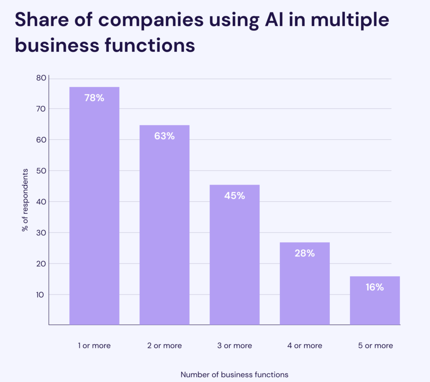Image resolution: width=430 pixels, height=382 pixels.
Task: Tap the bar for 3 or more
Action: coord(235,255)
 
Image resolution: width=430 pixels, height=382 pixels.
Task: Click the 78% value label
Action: coord(94,98)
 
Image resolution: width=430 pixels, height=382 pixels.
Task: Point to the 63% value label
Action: coord(164,136)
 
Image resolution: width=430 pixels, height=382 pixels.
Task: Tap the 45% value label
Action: coord(235,196)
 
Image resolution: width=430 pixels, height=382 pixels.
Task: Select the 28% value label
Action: coord(304,253)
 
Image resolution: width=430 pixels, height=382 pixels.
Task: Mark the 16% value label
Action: coord(375,287)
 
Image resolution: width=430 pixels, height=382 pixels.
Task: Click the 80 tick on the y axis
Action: coord(41,78)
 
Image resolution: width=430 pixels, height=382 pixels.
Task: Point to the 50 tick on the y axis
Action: coord(41,171)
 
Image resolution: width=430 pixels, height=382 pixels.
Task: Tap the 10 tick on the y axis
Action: coord(41,295)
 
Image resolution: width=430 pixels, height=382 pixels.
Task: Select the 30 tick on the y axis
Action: coord(41,233)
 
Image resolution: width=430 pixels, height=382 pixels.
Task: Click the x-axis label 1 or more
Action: coord(94,346)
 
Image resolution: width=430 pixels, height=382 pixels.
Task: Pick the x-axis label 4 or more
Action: coord(304,346)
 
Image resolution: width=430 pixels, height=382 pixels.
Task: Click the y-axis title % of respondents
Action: coord(25,200)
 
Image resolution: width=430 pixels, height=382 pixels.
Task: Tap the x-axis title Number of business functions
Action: coord(235,375)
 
